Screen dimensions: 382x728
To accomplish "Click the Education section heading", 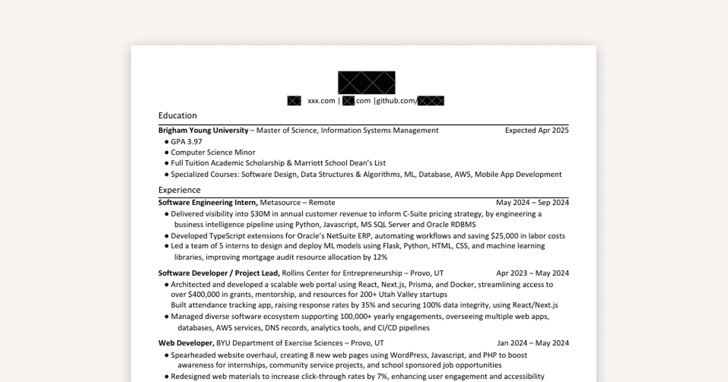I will tap(177, 115).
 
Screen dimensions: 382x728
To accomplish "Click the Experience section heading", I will tap(179, 190).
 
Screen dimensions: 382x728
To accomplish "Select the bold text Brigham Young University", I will tap(203, 130).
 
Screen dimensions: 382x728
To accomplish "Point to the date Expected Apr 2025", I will tap(537, 130).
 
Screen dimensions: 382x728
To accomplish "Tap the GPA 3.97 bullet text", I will tap(186, 141).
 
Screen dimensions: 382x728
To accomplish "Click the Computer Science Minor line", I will tap(213, 152).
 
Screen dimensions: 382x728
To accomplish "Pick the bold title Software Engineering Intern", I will tap(208, 203).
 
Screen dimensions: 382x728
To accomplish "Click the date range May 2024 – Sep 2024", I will tap(532, 203).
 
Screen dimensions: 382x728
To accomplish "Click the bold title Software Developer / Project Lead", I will tap(219, 273).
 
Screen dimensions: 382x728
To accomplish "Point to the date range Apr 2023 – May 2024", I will tap(532, 273).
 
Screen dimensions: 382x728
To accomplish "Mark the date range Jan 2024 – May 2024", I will tap(533, 343).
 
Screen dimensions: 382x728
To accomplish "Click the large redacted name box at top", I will tap(366, 82).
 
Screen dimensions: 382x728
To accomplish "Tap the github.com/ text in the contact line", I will tap(396, 101).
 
